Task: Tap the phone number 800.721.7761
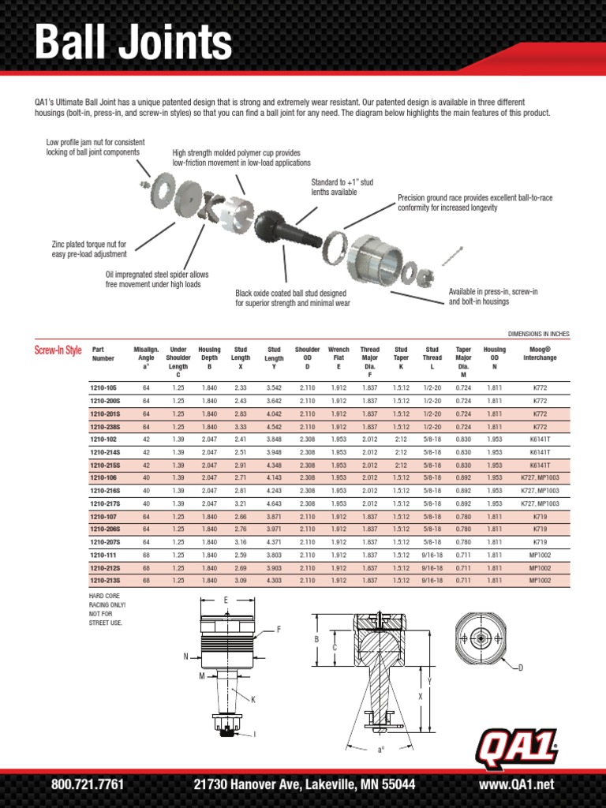click(87, 784)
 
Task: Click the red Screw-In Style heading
click(58, 350)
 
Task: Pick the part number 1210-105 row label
click(103, 387)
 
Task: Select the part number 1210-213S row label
click(105, 581)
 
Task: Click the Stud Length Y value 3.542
click(274, 387)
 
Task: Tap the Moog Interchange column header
click(540, 353)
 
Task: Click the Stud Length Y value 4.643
click(274, 503)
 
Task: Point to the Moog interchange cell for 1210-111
click(540, 555)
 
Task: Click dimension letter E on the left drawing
click(225, 600)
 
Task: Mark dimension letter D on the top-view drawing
click(521, 668)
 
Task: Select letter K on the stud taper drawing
click(253, 699)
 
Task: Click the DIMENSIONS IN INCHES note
click(534, 334)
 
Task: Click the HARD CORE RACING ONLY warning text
click(108, 604)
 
